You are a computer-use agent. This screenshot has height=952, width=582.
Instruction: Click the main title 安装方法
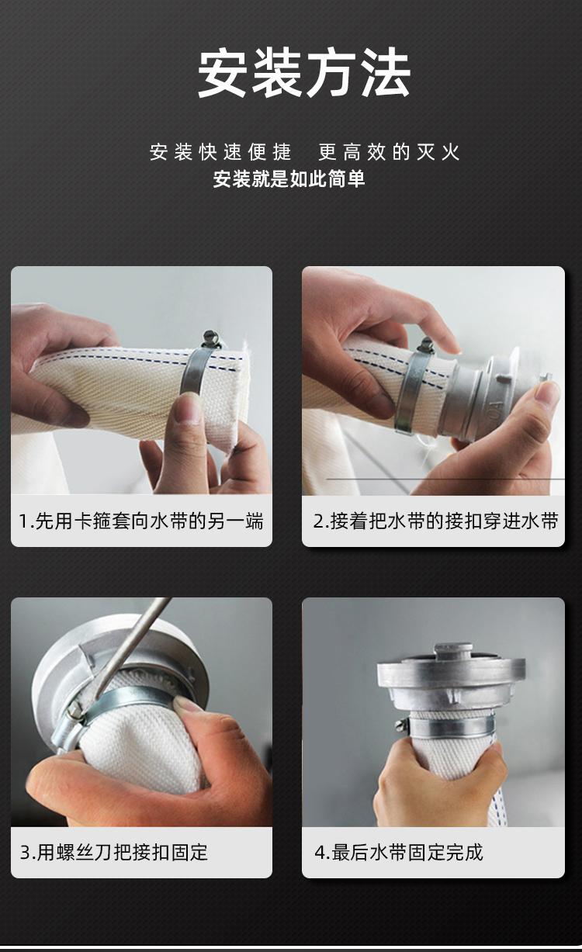(x=304, y=73)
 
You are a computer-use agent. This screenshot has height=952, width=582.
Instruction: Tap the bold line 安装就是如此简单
(x=289, y=179)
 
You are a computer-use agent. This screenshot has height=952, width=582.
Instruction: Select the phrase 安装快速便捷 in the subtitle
(x=220, y=152)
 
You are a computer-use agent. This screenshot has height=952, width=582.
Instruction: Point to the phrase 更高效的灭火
(x=389, y=152)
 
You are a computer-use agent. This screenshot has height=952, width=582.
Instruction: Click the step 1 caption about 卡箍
(x=141, y=521)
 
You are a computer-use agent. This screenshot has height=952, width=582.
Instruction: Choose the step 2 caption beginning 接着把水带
(x=435, y=521)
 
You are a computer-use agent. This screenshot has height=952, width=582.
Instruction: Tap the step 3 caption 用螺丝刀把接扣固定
(x=114, y=852)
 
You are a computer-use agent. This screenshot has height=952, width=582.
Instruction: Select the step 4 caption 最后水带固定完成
(x=399, y=852)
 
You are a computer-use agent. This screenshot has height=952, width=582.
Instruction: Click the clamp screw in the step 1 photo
(x=211, y=339)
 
